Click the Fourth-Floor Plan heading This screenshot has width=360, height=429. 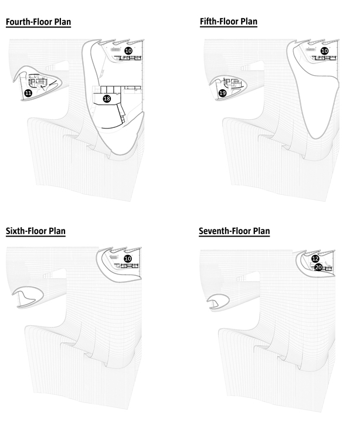[x=38, y=22]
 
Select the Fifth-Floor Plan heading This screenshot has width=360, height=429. [x=229, y=21]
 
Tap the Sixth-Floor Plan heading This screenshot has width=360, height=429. [x=36, y=231]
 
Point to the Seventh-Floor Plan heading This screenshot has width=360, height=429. [x=235, y=231]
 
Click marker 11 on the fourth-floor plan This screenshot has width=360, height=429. [x=28, y=93]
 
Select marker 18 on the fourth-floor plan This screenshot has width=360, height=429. [x=107, y=99]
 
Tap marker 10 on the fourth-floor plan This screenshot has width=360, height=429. [x=128, y=50]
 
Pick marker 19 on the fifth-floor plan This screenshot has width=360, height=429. [x=222, y=93]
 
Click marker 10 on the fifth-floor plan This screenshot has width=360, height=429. [x=324, y=51]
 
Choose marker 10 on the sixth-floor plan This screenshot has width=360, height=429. [x=128, y=259]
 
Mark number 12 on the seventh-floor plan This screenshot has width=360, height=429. [x=315, y=259]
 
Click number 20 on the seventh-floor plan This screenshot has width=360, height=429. [x=318, y=267]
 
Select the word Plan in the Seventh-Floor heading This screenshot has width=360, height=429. [x=261, y=231]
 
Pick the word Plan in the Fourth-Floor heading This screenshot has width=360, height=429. [x=62, y=22]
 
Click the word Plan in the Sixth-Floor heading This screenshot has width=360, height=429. [x=57, y=231]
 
